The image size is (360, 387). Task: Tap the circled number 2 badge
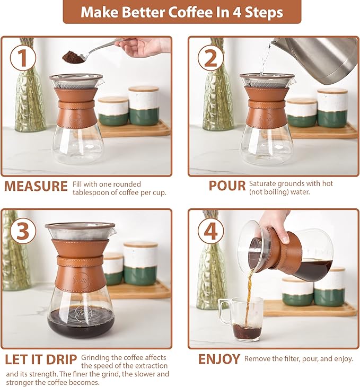pyautogui.click(x=210, y=59)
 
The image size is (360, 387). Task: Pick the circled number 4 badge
pyautogui.click(x=210, y=231)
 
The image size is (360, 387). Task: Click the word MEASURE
pyautogui.click(x=36, y=187)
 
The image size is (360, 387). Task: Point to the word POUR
pyautogui.click(x=227, y=186)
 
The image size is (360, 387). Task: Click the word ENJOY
pyautogui.click(x=219, y=359)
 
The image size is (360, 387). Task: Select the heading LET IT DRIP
pyautogui.click(x=41, y=359)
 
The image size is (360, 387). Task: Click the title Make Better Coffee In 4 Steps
pyautogui.click(x=182, y=12)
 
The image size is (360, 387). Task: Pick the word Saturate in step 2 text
pyautogui.click(x=264, y=183)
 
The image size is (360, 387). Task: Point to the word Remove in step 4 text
pyautogui.click(x=257, y=359)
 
